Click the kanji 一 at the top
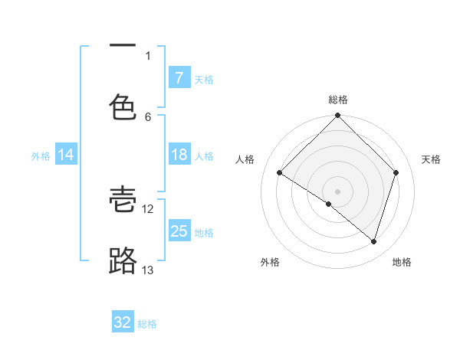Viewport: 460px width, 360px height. pyautogui.click(x=123, y=46)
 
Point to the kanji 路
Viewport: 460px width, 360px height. pyautogui.click(x=123, y=260)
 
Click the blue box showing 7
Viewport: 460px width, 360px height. pyautogui.click(x=179, y=78)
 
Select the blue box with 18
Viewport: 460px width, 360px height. pyautogui.click(x=179, y=155)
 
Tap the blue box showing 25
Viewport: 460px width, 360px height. pyautogui.click(x=179, y=231)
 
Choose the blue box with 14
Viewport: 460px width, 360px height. pyautogui.click(x=66, y=155)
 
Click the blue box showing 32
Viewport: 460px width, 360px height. pyautogui.click(x=123, y=322)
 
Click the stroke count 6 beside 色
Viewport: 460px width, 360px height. pyautogui.click(x=148, y=116)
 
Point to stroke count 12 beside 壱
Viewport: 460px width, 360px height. pyautogui.click(x=148, y=208)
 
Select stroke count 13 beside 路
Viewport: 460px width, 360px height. pyautogui.click(x=148, y=270)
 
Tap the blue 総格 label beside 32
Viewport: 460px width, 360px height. pyautogui.click(x=148, y=324)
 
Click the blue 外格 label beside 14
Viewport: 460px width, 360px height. pyautogui.click(x=41, y=155)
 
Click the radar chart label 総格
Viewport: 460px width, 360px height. pyautogui.click(x=338, y=100)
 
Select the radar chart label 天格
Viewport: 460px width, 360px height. pyautogui.click(x=431, y=159)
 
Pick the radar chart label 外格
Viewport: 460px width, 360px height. pyautogui.click(x=270, y=262)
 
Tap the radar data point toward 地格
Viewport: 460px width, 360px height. pyautogui.click(x=373, y=241)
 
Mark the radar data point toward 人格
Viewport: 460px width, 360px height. pyautogui.click(x=280, y=173)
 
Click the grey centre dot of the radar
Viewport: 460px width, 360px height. pyautogui.click(x=337, y=191)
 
